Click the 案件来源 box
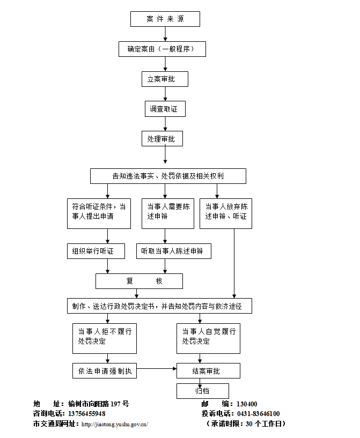pos(165,19)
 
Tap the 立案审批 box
pos(165,79)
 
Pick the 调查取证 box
pos(165,109)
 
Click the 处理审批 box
pos(162,139)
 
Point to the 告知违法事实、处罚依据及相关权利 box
pos(168,176)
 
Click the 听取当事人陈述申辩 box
pos(173,251)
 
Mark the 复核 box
pos(139,281)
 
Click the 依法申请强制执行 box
pos(105,370)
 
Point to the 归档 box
pos(203,391)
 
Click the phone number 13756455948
pos(86,414)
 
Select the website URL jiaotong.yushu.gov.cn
pos(114,424)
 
